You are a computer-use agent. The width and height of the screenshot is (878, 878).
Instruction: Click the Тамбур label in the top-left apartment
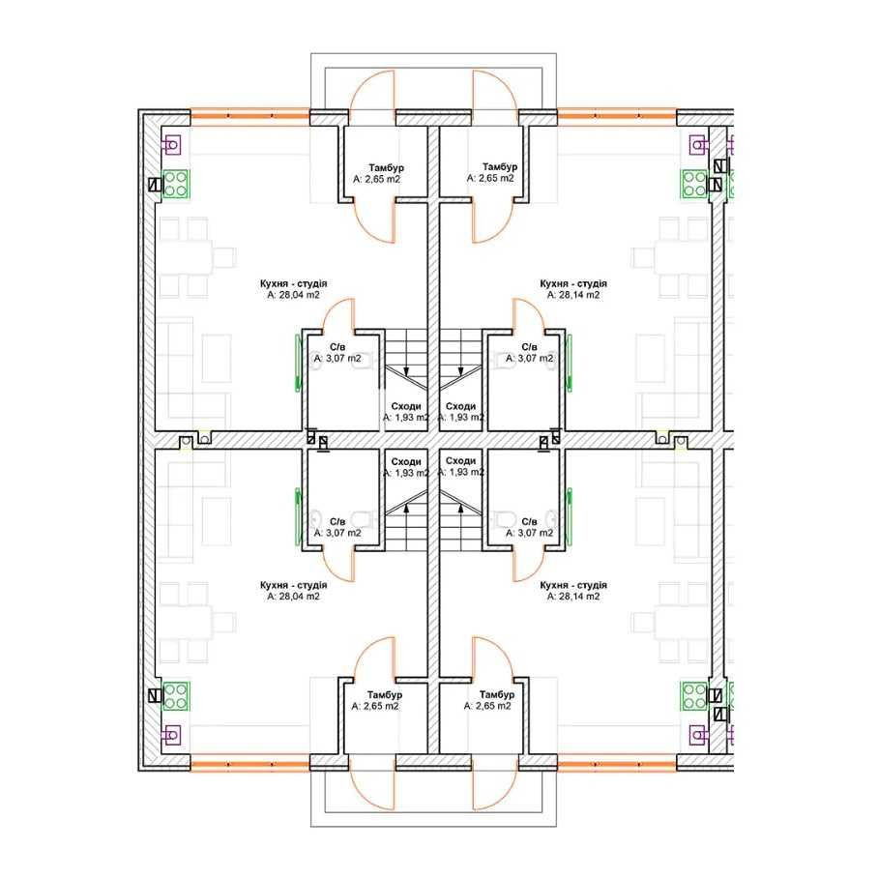[x=387, y=167]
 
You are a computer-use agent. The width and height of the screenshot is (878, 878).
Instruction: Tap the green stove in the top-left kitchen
[x=176, y=185]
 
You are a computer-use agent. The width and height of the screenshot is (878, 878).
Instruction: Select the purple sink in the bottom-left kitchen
[x=171, y=734]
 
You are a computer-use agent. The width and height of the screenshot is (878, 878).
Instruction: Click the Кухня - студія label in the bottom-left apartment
[x=293, y=585]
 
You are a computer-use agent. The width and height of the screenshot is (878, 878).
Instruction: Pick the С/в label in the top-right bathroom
[x=529, y=347]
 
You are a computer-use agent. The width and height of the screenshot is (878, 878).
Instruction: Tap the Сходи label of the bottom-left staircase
[x=406, y=462]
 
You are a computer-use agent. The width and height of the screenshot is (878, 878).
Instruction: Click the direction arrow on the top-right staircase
[x=461, y=370]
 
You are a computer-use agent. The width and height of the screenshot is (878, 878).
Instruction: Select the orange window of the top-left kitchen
[x=249, y=116]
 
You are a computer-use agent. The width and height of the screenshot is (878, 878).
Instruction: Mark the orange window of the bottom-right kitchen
[x=617, y=764]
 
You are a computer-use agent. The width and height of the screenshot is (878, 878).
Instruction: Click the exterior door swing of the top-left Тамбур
[x=372, y=91]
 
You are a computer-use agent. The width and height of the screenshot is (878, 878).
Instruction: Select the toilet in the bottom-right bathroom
[x=506, y=519]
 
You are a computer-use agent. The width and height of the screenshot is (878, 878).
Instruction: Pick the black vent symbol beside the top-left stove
[x=155, y=185]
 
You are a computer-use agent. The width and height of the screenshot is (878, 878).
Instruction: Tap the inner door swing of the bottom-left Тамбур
[x=373, y=658]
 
